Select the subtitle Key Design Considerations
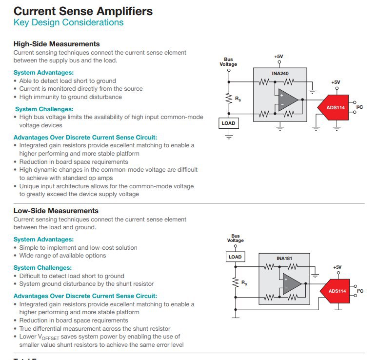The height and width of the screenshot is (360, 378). (x=68, y=22)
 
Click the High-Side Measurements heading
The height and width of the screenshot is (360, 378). (x=57, y=44)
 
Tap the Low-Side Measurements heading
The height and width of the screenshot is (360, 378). (x=56, y=211)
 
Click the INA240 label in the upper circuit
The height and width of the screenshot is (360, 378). (x=280, y=74)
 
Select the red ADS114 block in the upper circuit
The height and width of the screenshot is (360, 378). (x=334, y=107)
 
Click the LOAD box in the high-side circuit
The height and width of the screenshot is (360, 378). (x=228, y=123)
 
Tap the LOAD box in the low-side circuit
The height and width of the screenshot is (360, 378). (x=235, y=257)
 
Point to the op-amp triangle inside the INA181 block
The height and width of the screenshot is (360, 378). (x=292, y=283)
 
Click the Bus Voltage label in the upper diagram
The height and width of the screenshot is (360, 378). (x=228, y=62)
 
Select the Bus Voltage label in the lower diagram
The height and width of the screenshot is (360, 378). (x=236, y=238)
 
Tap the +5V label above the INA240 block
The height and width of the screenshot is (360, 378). (x=279, y=57)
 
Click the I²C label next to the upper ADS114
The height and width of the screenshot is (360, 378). (x=359, y=107)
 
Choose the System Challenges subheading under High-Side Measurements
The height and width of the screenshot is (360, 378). (x=44, y=109)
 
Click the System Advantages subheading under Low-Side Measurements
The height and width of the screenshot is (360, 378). (x=43, y=240)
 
